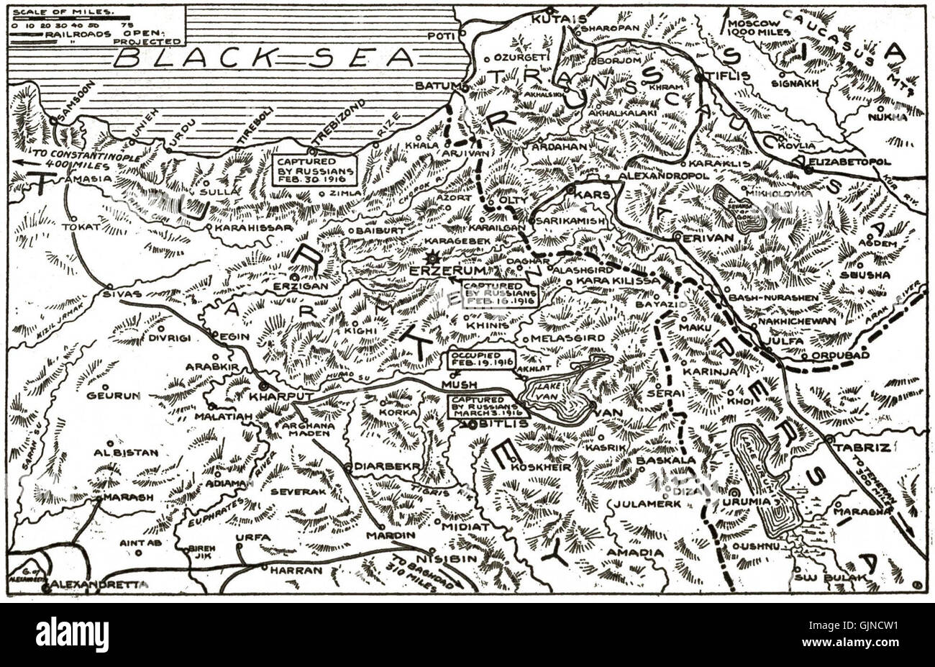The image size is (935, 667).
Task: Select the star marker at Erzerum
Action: [x=433, y=258]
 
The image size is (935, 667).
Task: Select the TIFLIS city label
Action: [x=728, y=76]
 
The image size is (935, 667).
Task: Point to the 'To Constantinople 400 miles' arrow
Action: [x=29, y=163]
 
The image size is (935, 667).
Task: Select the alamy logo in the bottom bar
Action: [x=72, y=635]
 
